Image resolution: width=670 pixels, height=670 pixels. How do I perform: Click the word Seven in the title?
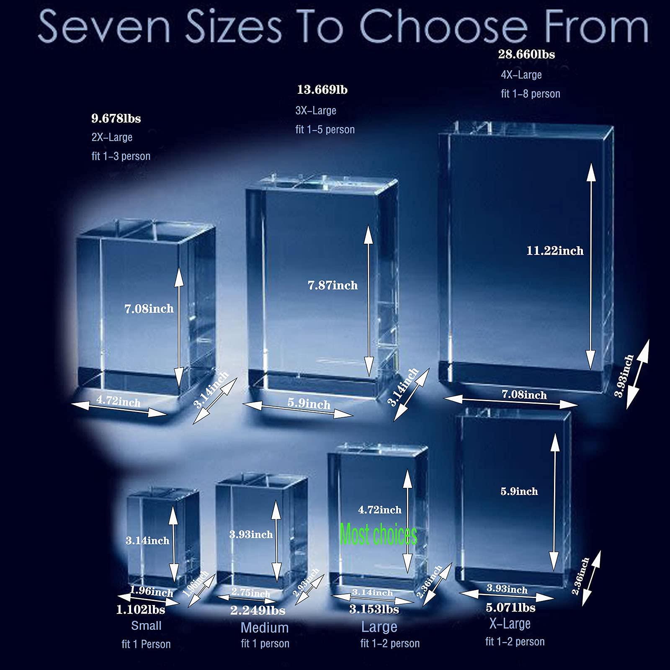click(104, 27)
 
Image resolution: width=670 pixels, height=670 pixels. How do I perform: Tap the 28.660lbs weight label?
click(526, 54)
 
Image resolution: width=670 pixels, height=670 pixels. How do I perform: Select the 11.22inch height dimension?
click(555, 251)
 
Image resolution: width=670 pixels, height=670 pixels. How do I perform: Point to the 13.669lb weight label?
click(322, 90)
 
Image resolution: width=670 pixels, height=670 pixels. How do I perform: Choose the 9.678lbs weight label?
click(116, 119)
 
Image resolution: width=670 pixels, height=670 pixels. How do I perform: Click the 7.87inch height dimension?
click(333, 285)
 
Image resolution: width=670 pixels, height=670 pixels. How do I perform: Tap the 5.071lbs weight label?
click(510, 607)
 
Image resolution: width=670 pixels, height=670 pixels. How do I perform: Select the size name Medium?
click(265, 628)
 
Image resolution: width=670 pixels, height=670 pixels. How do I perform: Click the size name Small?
click(146, 626)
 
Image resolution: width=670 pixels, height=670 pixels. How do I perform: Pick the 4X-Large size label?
click(521, 75)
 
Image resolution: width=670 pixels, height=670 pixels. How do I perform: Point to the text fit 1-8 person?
click(531, 94)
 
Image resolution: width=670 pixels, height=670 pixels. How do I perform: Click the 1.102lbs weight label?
click(141, 610)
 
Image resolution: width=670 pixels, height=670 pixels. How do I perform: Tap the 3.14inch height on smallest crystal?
click(147, 540)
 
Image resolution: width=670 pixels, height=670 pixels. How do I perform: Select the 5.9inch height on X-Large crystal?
click(519, 491)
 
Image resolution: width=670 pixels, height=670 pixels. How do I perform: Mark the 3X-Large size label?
click(316, 111)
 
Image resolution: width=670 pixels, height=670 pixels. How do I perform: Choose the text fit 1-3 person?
click(121, 156)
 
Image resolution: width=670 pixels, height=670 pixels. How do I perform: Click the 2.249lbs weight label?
click(258, 611)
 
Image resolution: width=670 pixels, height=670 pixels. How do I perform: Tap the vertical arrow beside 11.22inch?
click(591, 267)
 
